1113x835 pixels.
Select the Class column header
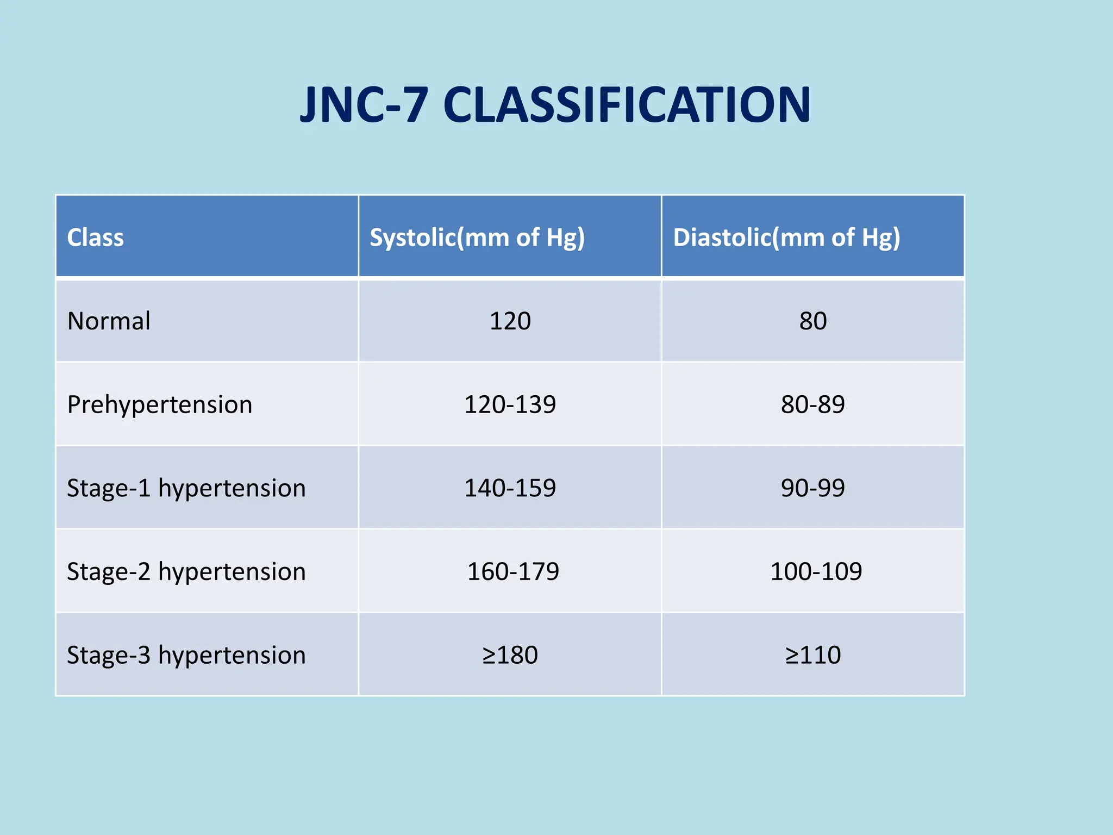point(95,238)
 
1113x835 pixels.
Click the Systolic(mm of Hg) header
point(477,238)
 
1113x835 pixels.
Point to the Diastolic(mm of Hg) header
point(786,238)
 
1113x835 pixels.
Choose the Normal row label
point(109,321)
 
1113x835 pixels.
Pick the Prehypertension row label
point(160,404)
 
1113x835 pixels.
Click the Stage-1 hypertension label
point(186,488)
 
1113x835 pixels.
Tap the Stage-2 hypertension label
point(186,572)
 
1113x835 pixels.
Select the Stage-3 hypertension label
point(186,655)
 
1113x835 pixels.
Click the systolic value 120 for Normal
point(510,321)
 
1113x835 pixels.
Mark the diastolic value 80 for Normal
point(813,321)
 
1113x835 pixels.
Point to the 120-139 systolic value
point(510,404)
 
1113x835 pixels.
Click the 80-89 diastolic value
point(813,404)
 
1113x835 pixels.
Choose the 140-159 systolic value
point(510,488)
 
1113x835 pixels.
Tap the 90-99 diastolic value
point(813,488)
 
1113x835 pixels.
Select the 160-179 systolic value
point(513,572)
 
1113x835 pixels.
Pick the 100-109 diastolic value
point(816,572)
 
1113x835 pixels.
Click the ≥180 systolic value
point(510,655)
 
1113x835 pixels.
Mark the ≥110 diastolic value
point(813,655)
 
